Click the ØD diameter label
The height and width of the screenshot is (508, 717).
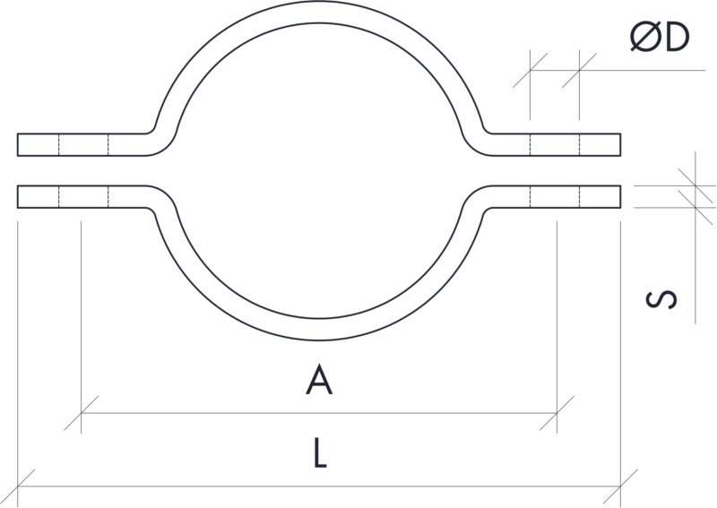[x=659, y=37]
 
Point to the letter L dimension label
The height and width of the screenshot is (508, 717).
[x=319, y=455]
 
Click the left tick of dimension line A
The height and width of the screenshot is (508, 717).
[x=81, y=414]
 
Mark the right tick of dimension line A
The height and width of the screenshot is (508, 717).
[x=557, y=414]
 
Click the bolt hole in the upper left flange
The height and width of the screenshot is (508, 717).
[x=82, y=143]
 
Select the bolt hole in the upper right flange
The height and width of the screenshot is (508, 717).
[x=555, y=143]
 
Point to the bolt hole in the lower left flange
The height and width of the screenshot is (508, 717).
[x=82, y=196]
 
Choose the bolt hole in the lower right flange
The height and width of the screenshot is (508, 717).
[x=555, y=196]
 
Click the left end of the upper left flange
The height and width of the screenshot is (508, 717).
[x=19, y=143]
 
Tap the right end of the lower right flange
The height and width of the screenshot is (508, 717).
[x=620, y=196]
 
